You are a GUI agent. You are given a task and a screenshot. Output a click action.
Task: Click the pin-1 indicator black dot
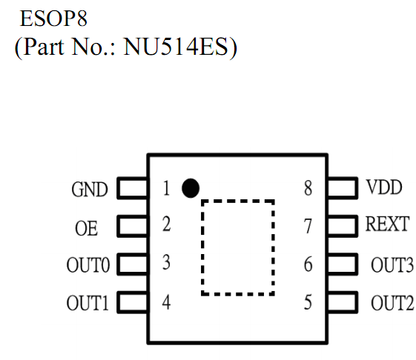coord(191,188)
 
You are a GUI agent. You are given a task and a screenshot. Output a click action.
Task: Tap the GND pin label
coord(90,190)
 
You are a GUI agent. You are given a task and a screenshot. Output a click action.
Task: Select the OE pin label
coord(86,228)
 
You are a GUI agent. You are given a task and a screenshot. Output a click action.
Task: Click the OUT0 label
coord(88,265)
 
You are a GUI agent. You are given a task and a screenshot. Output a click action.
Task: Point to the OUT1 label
coord(88,303)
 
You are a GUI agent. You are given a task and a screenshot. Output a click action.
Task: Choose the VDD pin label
coord(384,187)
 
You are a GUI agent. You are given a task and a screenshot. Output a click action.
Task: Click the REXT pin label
coord(387,224)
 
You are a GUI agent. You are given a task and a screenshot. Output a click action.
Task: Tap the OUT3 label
coord(392,265)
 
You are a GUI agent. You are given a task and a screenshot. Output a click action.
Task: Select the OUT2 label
coord(392,303)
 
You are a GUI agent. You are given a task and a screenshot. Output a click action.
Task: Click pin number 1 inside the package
coord(166,188)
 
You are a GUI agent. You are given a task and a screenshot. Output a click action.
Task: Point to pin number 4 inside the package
coord(166,302)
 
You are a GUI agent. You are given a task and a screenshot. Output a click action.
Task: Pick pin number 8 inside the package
coord(308,188)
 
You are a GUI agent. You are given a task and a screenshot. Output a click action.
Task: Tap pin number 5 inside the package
coord(308,302)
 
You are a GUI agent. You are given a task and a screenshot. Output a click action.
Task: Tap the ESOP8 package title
coord(53,19)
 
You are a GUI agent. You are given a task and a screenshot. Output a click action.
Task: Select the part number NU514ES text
coord(176,47)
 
